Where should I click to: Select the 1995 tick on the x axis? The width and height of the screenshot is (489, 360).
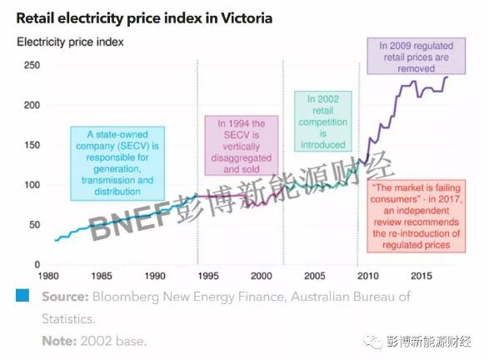(x=207, y=274)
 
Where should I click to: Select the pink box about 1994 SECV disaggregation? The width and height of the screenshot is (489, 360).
(x=242, y=147)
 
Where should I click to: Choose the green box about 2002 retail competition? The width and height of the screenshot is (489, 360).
(x=322, y=122)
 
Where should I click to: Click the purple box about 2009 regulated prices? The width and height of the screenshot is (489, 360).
(x=413, y=57)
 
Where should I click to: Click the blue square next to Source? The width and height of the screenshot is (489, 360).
(x=22, y=296)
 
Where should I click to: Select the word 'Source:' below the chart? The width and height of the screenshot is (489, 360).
(x=66, y=296)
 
